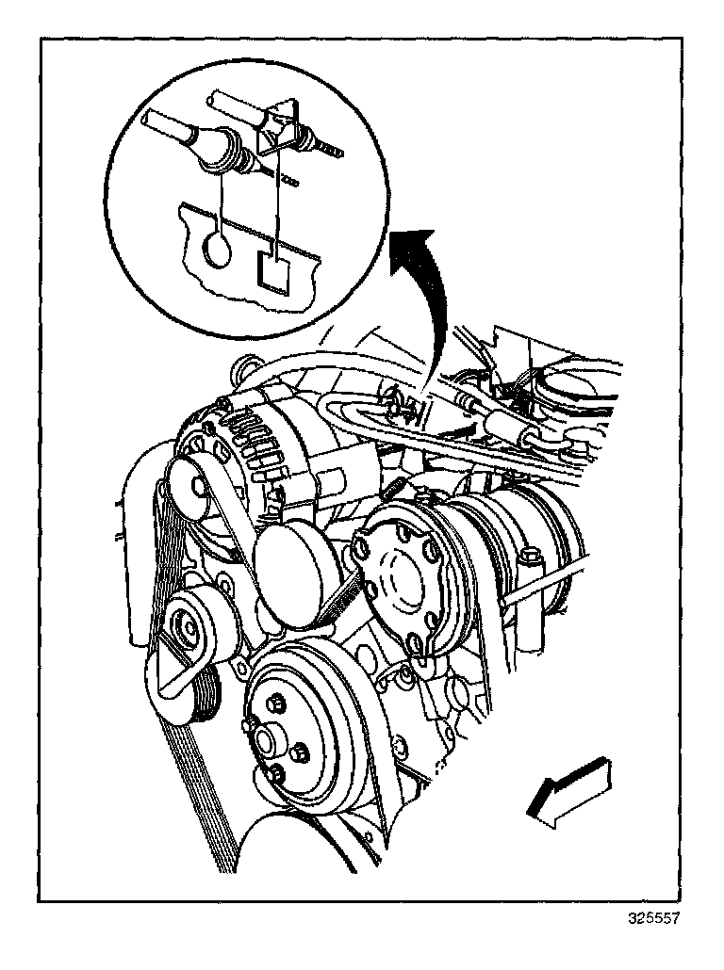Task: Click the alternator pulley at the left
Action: [x=192, y=489]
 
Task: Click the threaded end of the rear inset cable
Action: [x=329, y=149]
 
